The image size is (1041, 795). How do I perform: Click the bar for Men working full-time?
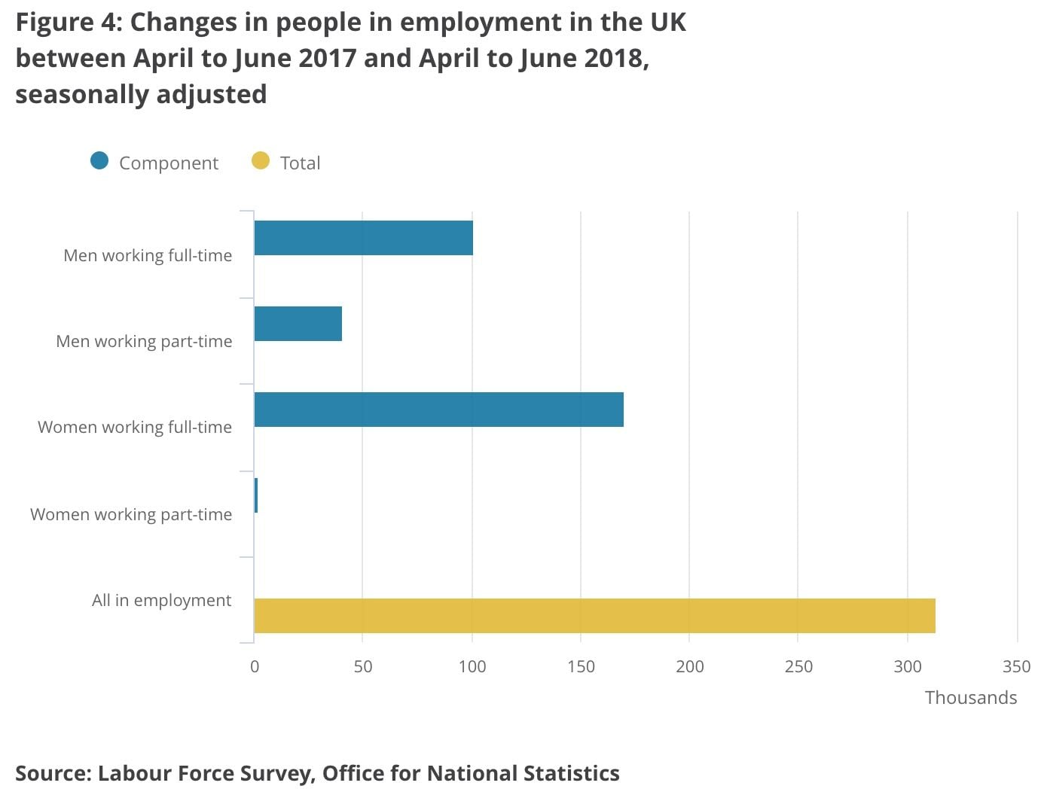click(363, 238)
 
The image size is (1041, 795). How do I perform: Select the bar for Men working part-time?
click(298, 324)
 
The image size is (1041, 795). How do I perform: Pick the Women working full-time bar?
click(438, 410)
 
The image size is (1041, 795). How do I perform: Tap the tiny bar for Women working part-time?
click(256, 495)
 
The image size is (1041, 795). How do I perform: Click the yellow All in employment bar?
click(594, 616)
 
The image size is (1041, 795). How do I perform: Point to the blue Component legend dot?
click(99, 161)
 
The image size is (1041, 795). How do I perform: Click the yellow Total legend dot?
click(261, 161)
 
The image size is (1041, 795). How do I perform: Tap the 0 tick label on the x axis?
click(255, 666)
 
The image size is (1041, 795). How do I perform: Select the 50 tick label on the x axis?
click(363, 666)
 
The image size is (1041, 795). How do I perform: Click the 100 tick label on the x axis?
click(472, 666)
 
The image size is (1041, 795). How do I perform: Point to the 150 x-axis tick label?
click(581, 666)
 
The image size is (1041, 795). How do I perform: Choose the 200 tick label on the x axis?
click(689, 666)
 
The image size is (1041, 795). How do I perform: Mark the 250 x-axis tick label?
click(798, 666)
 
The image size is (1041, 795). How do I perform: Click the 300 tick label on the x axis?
click(908, 666)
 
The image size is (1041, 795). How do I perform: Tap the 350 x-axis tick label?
click(1016, 666)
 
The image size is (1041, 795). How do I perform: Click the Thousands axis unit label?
click(970, 698)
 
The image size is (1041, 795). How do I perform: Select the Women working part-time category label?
click(131, 514)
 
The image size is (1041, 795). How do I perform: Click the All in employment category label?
click(161, 600)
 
